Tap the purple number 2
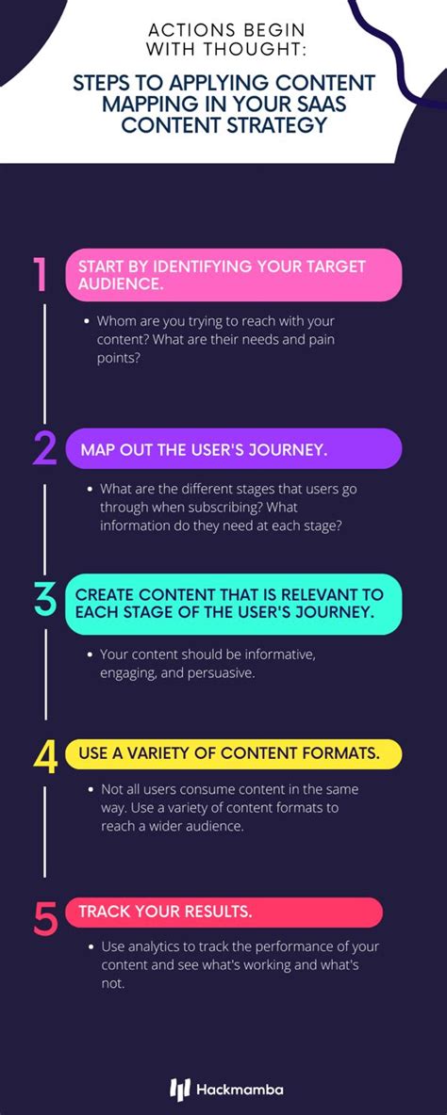[44, 449]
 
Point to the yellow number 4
[44, 756]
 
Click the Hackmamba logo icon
[179, 1089]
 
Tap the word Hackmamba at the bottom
[240, 1090]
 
